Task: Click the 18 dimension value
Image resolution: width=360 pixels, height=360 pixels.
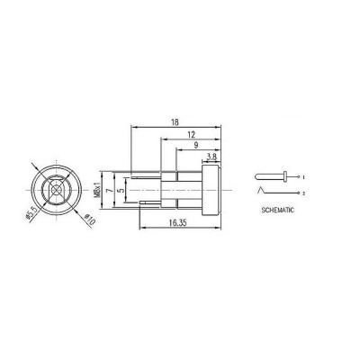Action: coord(175,122)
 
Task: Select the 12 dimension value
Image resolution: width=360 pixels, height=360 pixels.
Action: coord(191,134)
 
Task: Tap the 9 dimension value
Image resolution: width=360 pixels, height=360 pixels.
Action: coord(196,146)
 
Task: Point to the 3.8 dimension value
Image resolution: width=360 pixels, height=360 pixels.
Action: coord(211,157)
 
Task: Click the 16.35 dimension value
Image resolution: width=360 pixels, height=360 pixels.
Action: coord(177,222)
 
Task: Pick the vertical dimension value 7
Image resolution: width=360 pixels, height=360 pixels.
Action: coord(110,190)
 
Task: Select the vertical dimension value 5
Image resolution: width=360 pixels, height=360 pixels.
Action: coord(122,190)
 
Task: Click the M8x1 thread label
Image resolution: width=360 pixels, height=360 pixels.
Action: coord(96,190)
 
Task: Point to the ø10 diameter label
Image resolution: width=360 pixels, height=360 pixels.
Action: coord(90,220)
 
